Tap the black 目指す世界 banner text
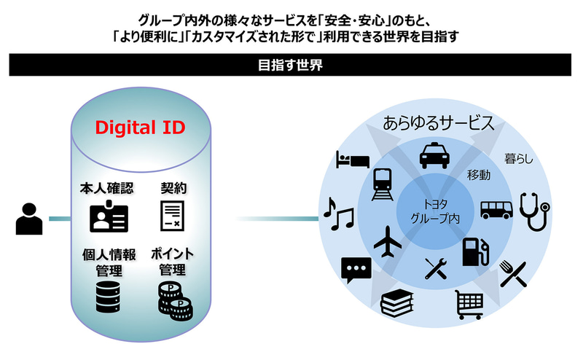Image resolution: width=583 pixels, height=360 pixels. [291, 65]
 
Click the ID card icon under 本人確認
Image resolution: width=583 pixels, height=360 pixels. [108, 216]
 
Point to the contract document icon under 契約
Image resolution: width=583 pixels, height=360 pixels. [172, 215]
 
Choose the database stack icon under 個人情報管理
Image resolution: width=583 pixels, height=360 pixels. [107, 297]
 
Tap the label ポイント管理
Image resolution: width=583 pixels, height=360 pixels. [173, 262]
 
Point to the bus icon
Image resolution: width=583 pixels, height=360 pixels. [496, 209]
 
